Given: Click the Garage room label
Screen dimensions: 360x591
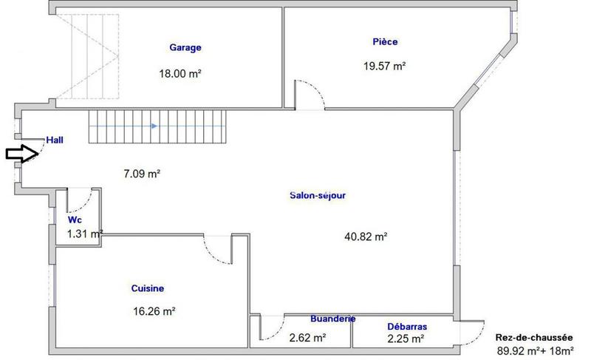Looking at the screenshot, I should click(185, 48).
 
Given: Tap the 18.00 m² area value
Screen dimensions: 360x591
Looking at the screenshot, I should click(180, 73).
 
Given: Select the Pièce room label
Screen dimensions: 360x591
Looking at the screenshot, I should click(385, 42).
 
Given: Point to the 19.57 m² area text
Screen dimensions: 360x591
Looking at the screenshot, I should click(384, 66).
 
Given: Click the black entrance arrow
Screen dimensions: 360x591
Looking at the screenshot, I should click(21, 154).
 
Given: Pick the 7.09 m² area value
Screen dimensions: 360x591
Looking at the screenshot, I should click(142, 174).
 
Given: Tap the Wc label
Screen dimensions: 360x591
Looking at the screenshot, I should click(75, 220).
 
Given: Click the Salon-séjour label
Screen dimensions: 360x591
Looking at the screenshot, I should click(318, 196).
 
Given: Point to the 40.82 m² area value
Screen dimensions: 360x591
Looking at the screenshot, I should click(366, 237).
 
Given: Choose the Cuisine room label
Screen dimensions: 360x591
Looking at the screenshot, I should click(148, 288).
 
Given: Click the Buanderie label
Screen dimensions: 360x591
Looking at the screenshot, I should click(332, 319).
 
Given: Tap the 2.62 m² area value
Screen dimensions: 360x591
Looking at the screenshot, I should click(308, 338).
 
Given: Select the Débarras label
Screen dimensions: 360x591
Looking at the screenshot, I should click(407, 326).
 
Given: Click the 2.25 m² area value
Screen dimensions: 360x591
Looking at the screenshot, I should click(406, 339).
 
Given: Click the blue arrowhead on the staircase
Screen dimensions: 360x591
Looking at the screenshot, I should click(153, 126).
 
